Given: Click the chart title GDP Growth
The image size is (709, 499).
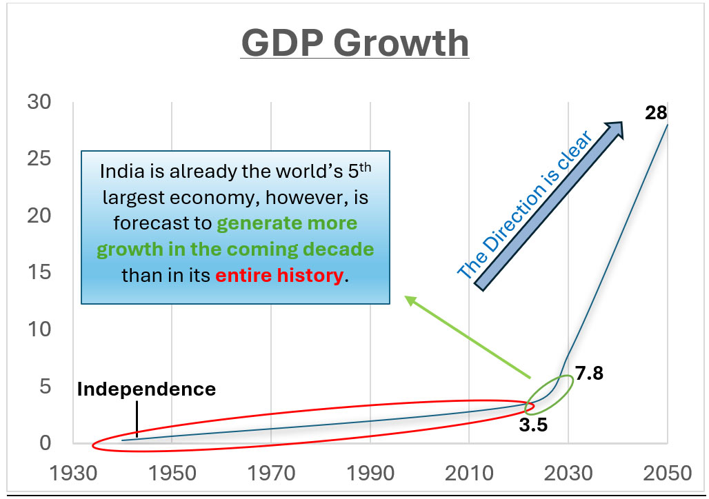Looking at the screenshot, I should pyautogui.click(x=355, y=43).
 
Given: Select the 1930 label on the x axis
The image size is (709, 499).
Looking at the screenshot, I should pyautogui.click(x=73, y=473).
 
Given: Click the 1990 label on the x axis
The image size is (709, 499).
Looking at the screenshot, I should pyautogui.click(x=371, y=473).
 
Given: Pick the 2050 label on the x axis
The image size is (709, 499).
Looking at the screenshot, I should pyautogui.click(x=667, y=473).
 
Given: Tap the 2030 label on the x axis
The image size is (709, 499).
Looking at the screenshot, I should pyautogui.click(x=568, y=473).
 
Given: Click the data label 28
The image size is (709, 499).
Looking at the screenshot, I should pyautogui.click(x=656, y=113).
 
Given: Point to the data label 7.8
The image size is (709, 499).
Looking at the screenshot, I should pyautogui.click(x=589, y=373).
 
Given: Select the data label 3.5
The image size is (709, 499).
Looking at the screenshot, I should pyautogui.click(x=533, y=425).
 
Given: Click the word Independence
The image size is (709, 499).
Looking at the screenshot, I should pyautogui.click(x=146, y=389).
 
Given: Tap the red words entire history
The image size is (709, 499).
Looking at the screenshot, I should pyautogui.click(x=279, y=276).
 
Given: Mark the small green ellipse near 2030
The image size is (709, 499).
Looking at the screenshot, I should pyautogui.click(x=548, y=394).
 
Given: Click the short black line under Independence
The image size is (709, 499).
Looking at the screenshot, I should pyautogui.click(x=137, y=419).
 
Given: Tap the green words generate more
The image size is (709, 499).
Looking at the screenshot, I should pyautogui.click(x=288, y=224).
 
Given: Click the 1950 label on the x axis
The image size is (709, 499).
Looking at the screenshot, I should pyautogui.click(x=172, y=473).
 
